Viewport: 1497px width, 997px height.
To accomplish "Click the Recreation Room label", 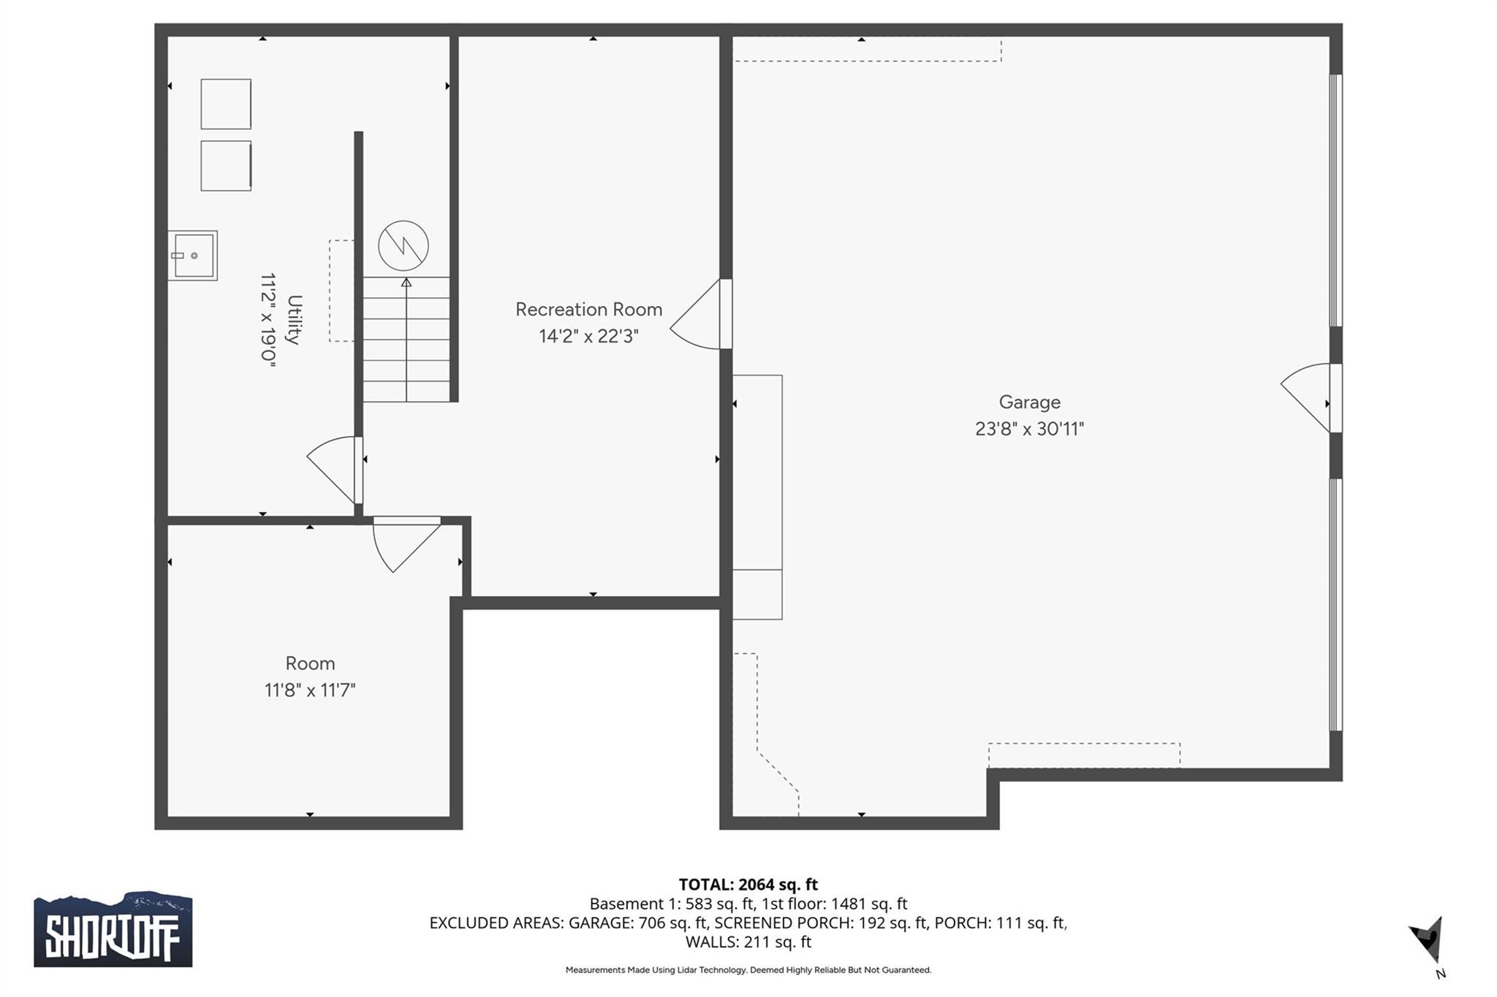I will [588, 310].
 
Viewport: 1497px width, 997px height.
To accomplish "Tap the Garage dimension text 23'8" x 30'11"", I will [1029, 429].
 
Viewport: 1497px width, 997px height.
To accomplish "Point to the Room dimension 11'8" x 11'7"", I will [310, 690].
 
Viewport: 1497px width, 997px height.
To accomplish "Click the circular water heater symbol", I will [403, 246].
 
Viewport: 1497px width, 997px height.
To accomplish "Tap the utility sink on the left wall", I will [193, 256].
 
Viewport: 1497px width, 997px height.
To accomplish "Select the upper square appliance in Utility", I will [226, 104].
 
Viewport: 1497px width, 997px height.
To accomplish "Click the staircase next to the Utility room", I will [406, 340].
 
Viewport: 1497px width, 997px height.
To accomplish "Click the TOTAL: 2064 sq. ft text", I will [748, 885].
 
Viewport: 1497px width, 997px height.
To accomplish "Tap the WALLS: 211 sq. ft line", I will [748, 942].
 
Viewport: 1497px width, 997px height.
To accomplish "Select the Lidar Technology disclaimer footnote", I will [748, 970].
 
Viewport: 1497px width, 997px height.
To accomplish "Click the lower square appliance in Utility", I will [226, 166].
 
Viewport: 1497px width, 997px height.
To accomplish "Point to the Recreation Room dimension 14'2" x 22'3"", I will [588, 337].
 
